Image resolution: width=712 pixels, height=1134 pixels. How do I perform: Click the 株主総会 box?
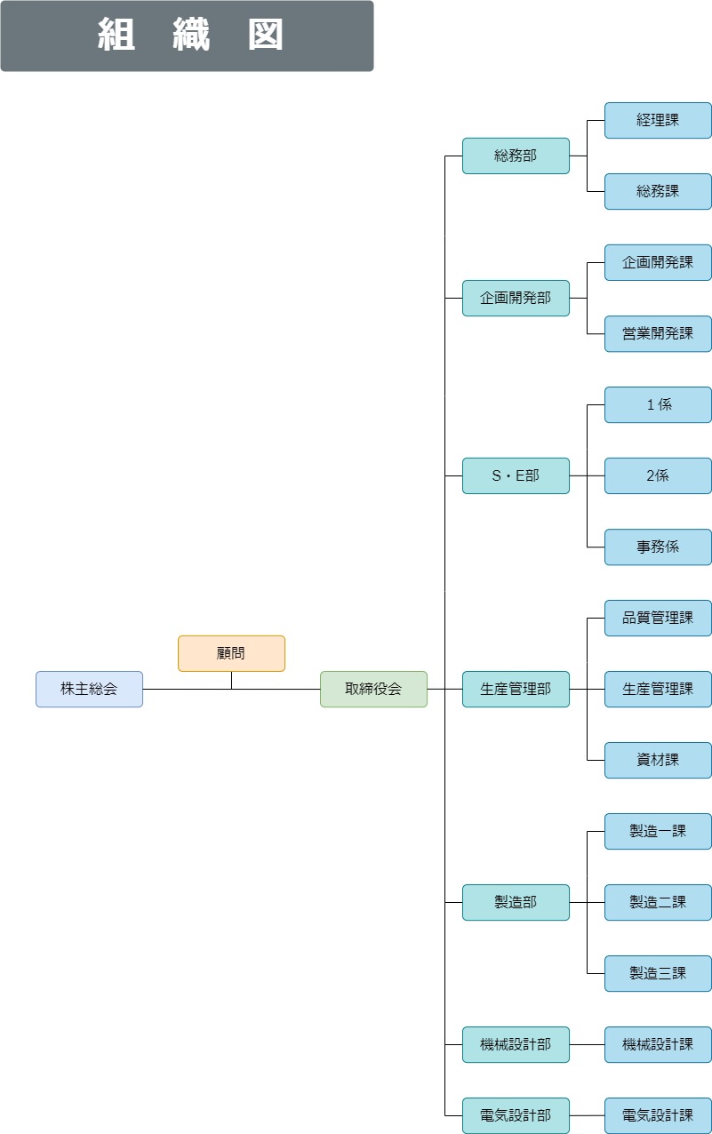pyautogui.click(x=89, y=689)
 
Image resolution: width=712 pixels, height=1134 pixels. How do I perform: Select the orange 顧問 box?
pyautogui.click(x=231, y=653)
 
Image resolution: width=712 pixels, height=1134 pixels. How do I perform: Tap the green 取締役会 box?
pyautogui.click(x=373, y=689)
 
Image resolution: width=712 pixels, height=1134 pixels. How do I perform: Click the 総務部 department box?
pyautogui.click(x=516, y=156)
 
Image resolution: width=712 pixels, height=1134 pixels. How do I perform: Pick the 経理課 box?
pyautogui.click(x=658, y=121)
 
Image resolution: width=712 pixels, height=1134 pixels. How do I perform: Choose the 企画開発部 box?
pyautogui.click(x=516, y=299)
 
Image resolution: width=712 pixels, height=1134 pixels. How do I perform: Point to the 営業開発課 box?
pyautogui.click(x=658, y=333)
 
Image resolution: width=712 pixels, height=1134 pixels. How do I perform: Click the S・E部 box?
pyautogui.click(x=516, y=475)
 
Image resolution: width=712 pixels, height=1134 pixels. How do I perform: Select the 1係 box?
pyautogui.click(x=658, y=405)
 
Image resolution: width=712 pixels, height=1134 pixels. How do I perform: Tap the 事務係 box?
pyautogui.click(x=658, y=547)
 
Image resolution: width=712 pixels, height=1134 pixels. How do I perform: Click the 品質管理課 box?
pyautogui.click(x=658, y=619)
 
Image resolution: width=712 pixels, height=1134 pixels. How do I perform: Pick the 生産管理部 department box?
pyautogui.click(x=516, y=689)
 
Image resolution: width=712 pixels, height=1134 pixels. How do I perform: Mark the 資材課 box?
pyautogui.click(x=658, y=761)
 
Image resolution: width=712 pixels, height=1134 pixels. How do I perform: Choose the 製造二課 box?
pyautogui.click(x=658, y=903)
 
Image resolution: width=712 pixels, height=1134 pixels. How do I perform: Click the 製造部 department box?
pyautogui.click(x=516, y=903)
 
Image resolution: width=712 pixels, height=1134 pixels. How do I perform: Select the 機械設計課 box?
pyautogui.click(x=658, y=1044)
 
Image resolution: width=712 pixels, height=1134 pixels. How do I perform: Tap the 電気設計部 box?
pyautogui.click(x=516, y=1115)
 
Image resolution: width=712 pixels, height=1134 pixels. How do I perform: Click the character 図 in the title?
pyautogui.click(x=266, y=35)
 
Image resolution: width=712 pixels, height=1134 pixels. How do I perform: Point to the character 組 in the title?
pyautogui.click(x=116, y=35)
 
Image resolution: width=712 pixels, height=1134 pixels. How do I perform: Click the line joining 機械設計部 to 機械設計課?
pyautogui.click(x=587, y=1044)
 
